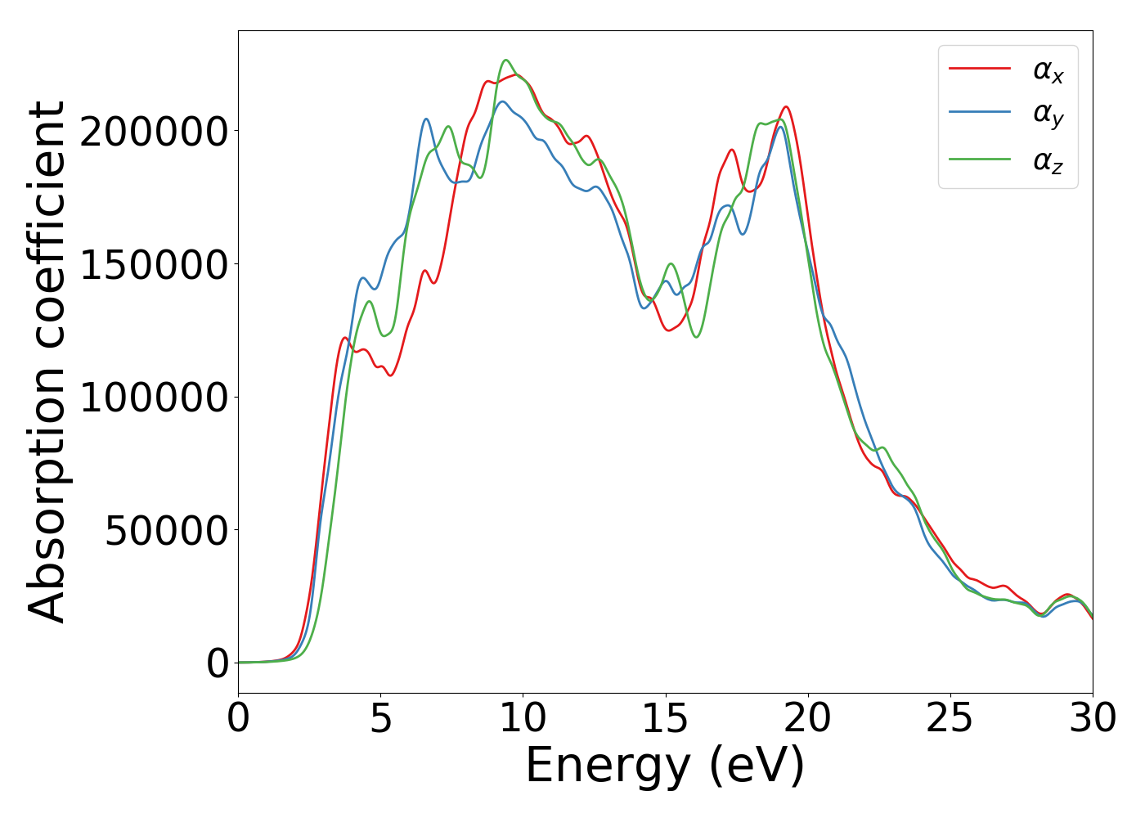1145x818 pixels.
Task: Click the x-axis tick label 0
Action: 238,718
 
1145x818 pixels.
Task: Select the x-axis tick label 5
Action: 381,718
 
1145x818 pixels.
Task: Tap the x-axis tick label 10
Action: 523,718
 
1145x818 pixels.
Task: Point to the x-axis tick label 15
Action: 665,718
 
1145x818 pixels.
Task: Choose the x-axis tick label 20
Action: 808,718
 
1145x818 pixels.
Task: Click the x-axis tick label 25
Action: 950,718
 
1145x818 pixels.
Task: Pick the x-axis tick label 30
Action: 1093,718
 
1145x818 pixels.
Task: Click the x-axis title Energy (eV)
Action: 665,766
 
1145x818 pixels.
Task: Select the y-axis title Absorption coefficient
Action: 47,362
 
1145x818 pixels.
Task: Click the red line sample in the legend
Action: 980,69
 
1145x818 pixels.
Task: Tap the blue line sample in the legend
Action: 980,115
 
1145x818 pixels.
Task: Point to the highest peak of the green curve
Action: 505,60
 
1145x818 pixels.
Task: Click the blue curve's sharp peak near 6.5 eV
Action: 426,119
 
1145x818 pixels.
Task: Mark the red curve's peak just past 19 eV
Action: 786,107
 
